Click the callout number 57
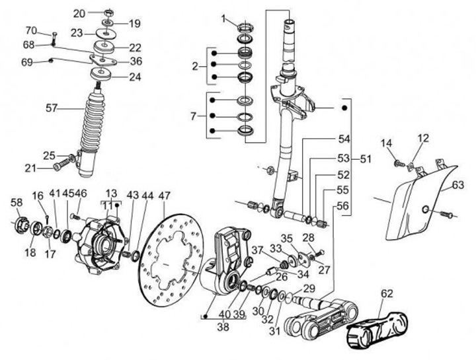(x=52, y=108)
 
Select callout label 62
(x=387, y=293)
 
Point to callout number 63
(x=458, y=184)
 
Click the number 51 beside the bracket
(x=366, y=159)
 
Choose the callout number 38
(x=223, y=327)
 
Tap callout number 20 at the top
(x=79, y=14)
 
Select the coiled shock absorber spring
(x=92, y=122)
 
